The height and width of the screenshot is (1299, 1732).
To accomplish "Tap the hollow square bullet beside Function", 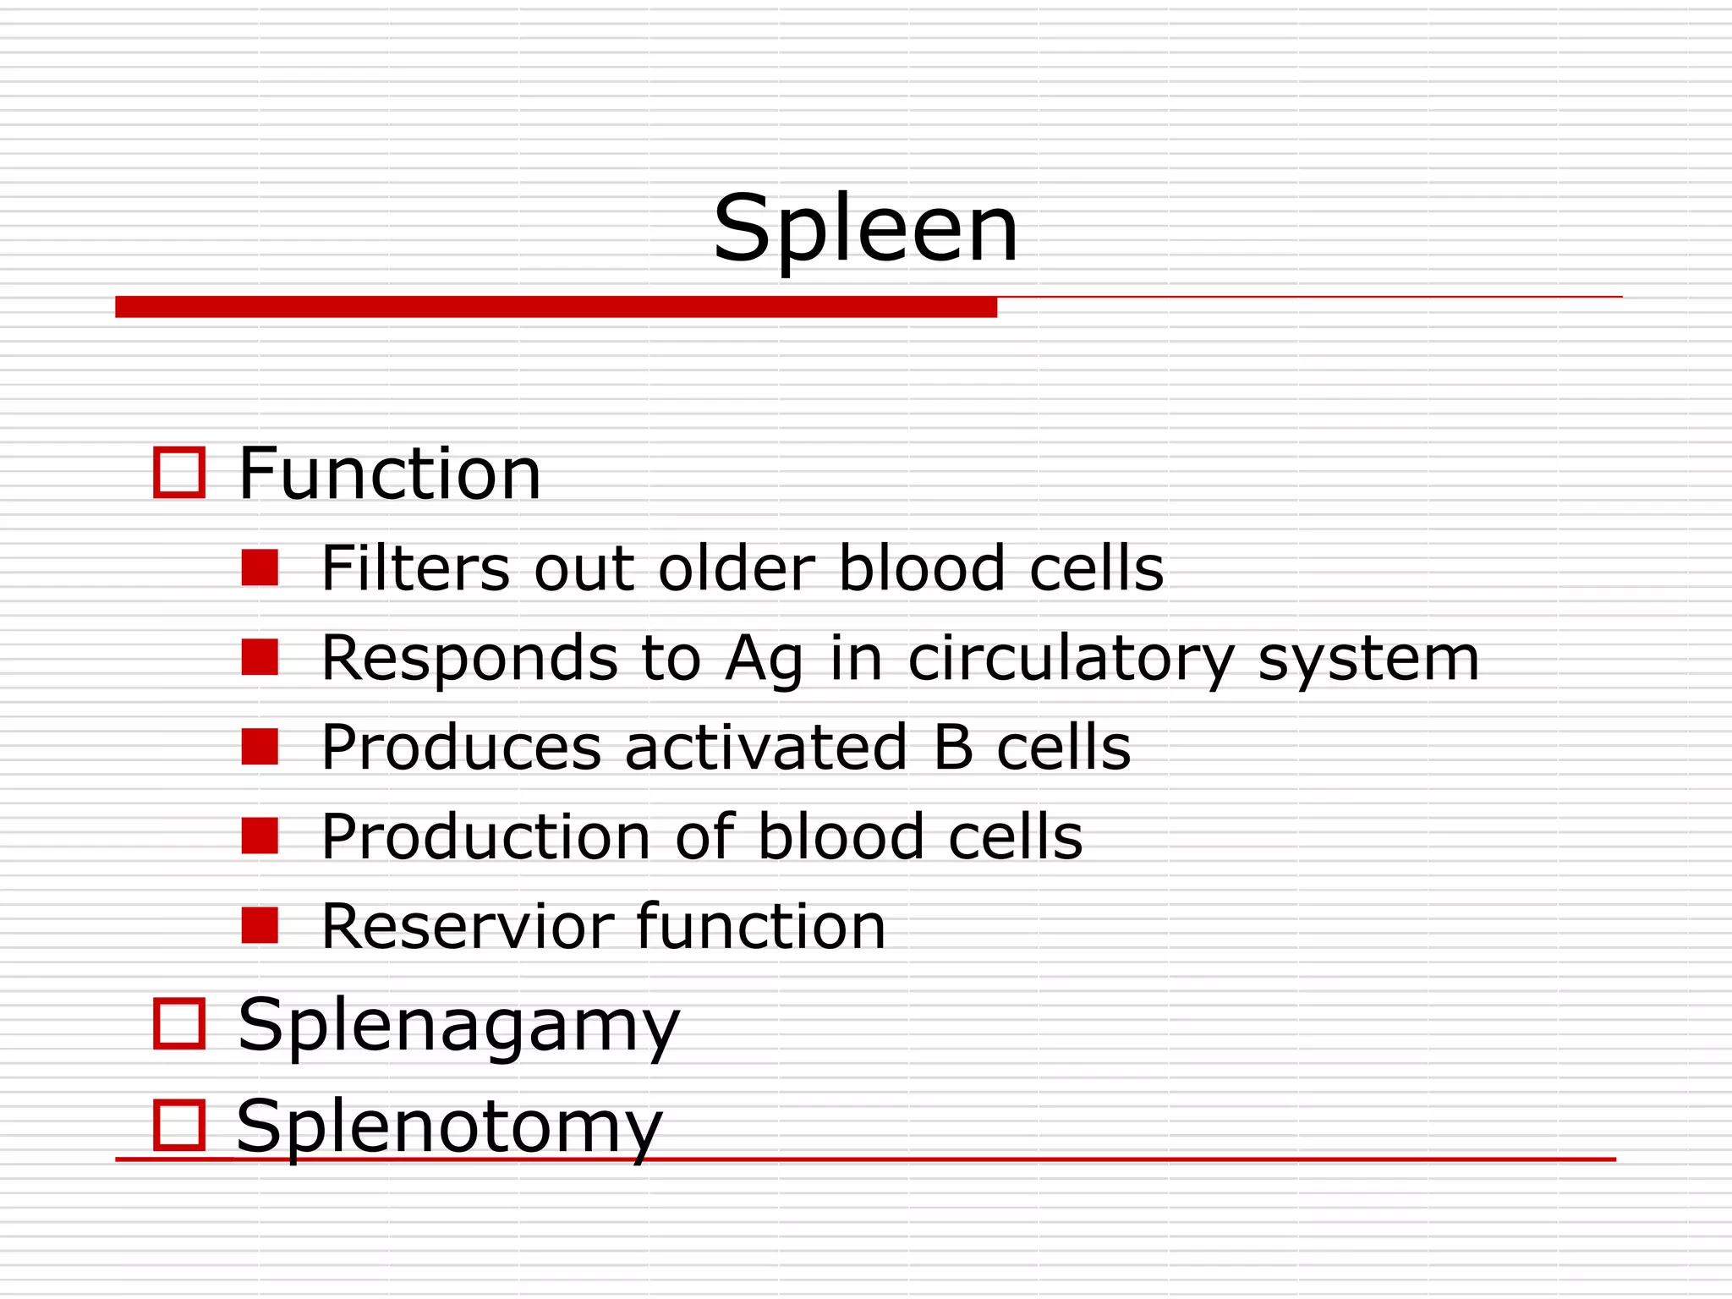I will [x=179, y=473].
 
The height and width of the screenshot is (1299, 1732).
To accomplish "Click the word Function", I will [x=389, y=474].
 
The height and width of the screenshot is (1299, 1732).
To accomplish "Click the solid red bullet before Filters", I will [x=260, y=567].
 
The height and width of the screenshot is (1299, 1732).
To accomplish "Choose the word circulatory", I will [x=1071, y=660].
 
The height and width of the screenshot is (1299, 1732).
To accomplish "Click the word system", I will [x=1368, y=660].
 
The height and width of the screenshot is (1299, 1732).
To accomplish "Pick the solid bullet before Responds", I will [x=260, y=657].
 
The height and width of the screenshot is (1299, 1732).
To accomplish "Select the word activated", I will [x=765, y=748].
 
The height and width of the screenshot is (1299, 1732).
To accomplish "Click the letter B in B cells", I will [x=953, y=748].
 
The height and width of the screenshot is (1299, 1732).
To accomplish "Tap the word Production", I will [x=485, y=837].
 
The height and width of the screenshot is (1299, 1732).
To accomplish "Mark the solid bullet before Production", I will [x=260, y=836].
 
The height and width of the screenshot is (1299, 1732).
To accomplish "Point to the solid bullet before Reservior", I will [x=260, y=925].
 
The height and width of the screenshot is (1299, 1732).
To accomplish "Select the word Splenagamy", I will [x=458, y=1026].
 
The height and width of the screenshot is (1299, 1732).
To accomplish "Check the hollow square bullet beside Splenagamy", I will [x=179, y=1023].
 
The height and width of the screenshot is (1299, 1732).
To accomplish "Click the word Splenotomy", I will [x=449, y=1127].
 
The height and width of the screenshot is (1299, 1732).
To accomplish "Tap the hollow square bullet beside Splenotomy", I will [x=179, y=1125].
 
